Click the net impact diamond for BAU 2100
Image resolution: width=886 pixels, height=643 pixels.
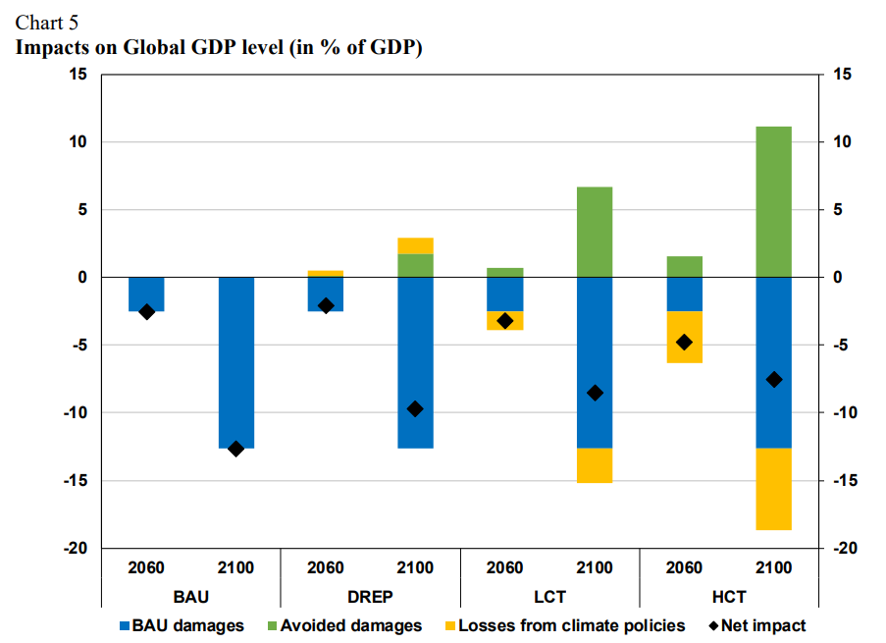[235, 449]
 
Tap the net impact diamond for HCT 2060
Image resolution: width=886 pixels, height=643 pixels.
[684, 342]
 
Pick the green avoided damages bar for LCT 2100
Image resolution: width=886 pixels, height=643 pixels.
[595, 232]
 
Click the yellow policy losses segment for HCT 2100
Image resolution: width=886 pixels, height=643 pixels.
[773, 489]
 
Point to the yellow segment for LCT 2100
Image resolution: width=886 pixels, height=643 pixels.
[595, 465]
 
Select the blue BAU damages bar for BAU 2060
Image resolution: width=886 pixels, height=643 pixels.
[146, 294]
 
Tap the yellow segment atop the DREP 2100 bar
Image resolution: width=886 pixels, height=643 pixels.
[415, 245]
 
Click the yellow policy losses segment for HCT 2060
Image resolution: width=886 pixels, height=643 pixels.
[684, 337]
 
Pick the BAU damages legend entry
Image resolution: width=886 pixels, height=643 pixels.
[182, 625]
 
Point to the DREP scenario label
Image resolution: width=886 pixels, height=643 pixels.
[370, 596]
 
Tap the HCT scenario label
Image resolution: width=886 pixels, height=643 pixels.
[728, 596]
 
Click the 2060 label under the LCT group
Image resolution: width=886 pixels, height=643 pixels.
[504, 567]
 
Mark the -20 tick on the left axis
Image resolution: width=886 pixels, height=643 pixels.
[76, 548]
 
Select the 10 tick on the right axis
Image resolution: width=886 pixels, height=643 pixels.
[842, 142]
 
